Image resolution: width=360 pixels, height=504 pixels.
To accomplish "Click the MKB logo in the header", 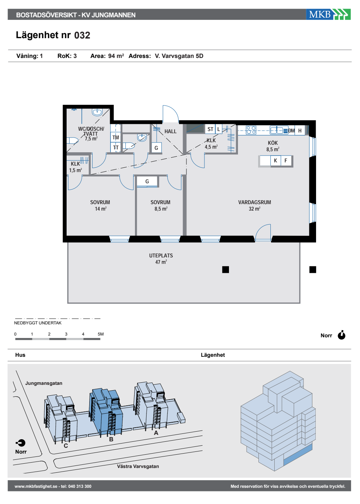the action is tap(328, 14).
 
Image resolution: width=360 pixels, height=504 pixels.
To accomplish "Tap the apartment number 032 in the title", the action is tap(82, 35).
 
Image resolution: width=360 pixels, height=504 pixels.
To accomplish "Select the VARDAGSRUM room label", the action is tap(255, 202).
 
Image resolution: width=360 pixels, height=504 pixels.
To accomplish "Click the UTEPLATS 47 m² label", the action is tap(161, 259).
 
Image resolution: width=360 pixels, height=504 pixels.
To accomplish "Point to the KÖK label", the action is tap(273, 143).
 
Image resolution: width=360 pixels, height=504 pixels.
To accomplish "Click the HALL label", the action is tap(170, 131).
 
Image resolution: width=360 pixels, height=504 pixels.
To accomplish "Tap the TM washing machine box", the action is tap(116, 137).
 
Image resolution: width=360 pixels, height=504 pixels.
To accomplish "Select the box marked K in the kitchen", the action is tap(275, 161).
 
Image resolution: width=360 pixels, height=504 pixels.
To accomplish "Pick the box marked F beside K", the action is tap(286, 161).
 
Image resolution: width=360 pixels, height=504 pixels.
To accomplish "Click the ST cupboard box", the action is tap(210, 129).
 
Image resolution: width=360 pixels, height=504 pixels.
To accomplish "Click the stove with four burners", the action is tap(251, 130).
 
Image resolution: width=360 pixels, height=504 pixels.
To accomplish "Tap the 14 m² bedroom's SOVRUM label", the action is tap(100, 202).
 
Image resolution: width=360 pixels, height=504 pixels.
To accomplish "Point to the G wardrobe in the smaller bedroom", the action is tap(147, 181).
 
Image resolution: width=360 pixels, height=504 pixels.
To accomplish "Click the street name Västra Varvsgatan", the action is tap(138, 467).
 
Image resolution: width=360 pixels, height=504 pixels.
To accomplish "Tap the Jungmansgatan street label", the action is tap(44, 383).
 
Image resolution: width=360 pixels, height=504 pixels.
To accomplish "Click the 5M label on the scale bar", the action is tap(100, 334).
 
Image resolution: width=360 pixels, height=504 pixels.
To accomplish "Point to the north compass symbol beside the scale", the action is tap(342, 335).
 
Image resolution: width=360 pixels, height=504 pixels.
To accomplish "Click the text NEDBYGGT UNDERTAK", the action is tap(38, 323).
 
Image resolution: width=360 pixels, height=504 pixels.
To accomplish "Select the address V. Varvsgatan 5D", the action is tap(179, 56).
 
